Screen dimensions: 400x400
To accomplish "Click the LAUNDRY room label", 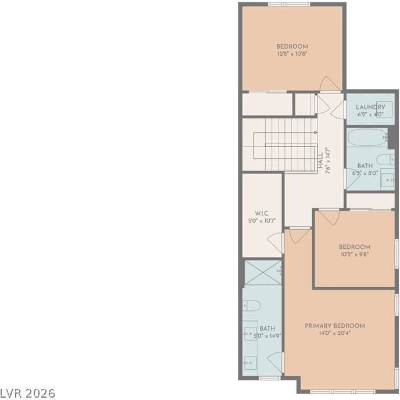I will pyautogui.click(x=370, y=107).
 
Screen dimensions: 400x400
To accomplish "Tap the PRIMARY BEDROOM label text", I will pyautogui.click(x=335, y=326).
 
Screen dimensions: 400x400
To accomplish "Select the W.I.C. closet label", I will pyautogui.click(x=261, y=213).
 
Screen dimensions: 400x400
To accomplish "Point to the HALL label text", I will pyautogui.click(x=320, y=161).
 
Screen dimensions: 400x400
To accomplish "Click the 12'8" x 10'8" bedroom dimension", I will pyautogui.click(x=292, y=53).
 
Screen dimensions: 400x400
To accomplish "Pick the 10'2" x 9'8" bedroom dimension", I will pyautogui.click(x=355, y=254).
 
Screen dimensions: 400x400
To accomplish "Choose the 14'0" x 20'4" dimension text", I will pyautogui.click(x=335, y=333).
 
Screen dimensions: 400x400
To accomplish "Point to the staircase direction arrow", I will pyautogui.click(x=315, y=133).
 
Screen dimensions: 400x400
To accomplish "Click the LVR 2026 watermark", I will pyautogui.click(x=28, y=394).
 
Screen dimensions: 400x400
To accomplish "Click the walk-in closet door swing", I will pyautogui.click(x=276, y=242).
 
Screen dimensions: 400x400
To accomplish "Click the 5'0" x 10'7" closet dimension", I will pyautogui.click(x=261, y=220).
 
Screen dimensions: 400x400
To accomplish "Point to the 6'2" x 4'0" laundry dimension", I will pyautogui.click(x=370, y=115).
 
